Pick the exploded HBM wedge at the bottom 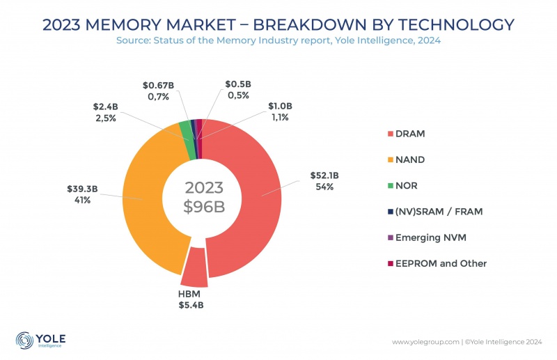click(x=194, y=268)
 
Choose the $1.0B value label click(x=281, y=106)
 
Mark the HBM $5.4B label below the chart click(x=190, y=299)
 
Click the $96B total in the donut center click(x=203, y=207)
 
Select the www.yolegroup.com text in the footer click(x=425, y=342)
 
